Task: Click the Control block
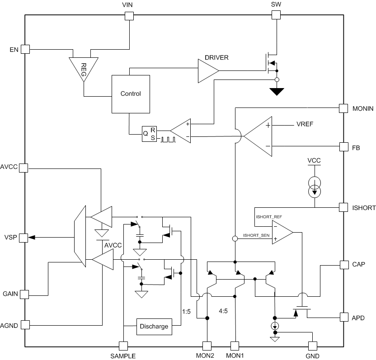[131, 94]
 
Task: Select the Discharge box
[154, 327]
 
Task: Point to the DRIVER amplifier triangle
[208, 71]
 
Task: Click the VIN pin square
[129, 16]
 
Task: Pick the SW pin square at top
[276, 16]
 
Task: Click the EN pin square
[25, 49]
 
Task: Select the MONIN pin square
[344, 108]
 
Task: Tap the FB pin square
[344, 147]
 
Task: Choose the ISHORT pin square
[344, 207]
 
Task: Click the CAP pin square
[344, 264]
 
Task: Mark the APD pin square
[344, 318]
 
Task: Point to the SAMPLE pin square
[123, 346]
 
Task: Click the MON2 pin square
[207, 346]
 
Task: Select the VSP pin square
[25, 237]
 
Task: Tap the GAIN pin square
[25, 294]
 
